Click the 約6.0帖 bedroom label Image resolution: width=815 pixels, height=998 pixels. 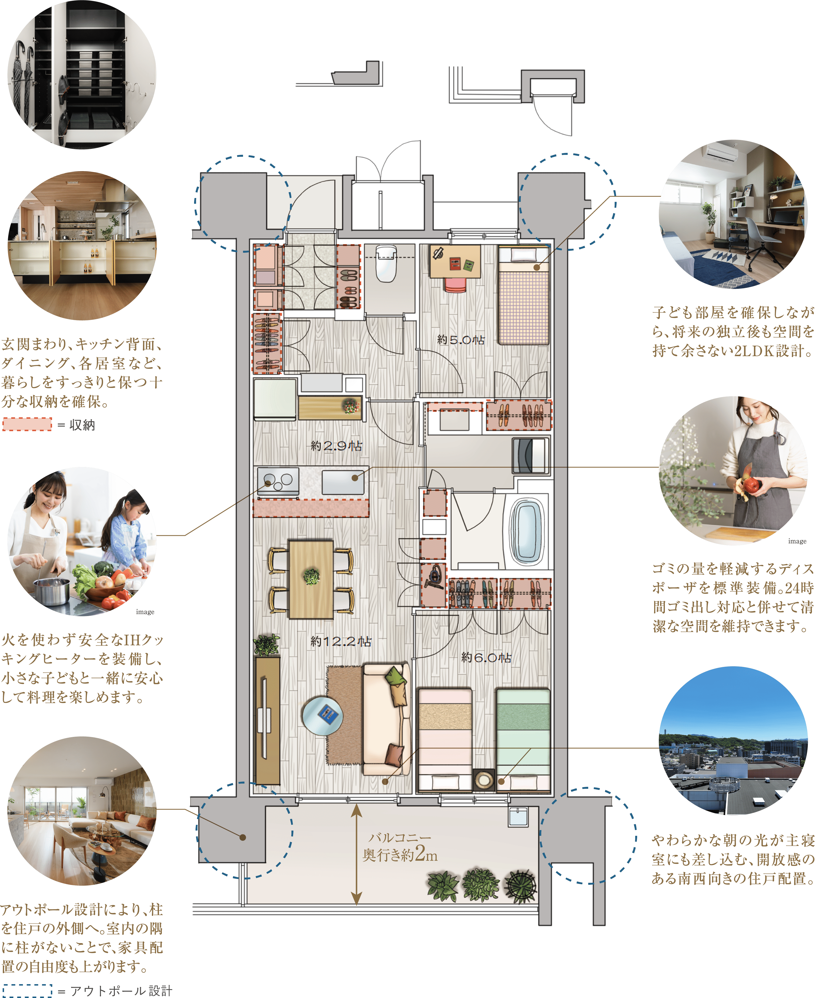(x=486, y=658)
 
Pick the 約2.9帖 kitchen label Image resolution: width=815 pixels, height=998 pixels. (x=336, y=446)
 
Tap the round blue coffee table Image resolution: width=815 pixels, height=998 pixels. (x=323, y=716)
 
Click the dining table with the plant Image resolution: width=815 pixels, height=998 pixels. (x=311, y=579)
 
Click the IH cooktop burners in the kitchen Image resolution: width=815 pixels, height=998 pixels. (x=278, y=480)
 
